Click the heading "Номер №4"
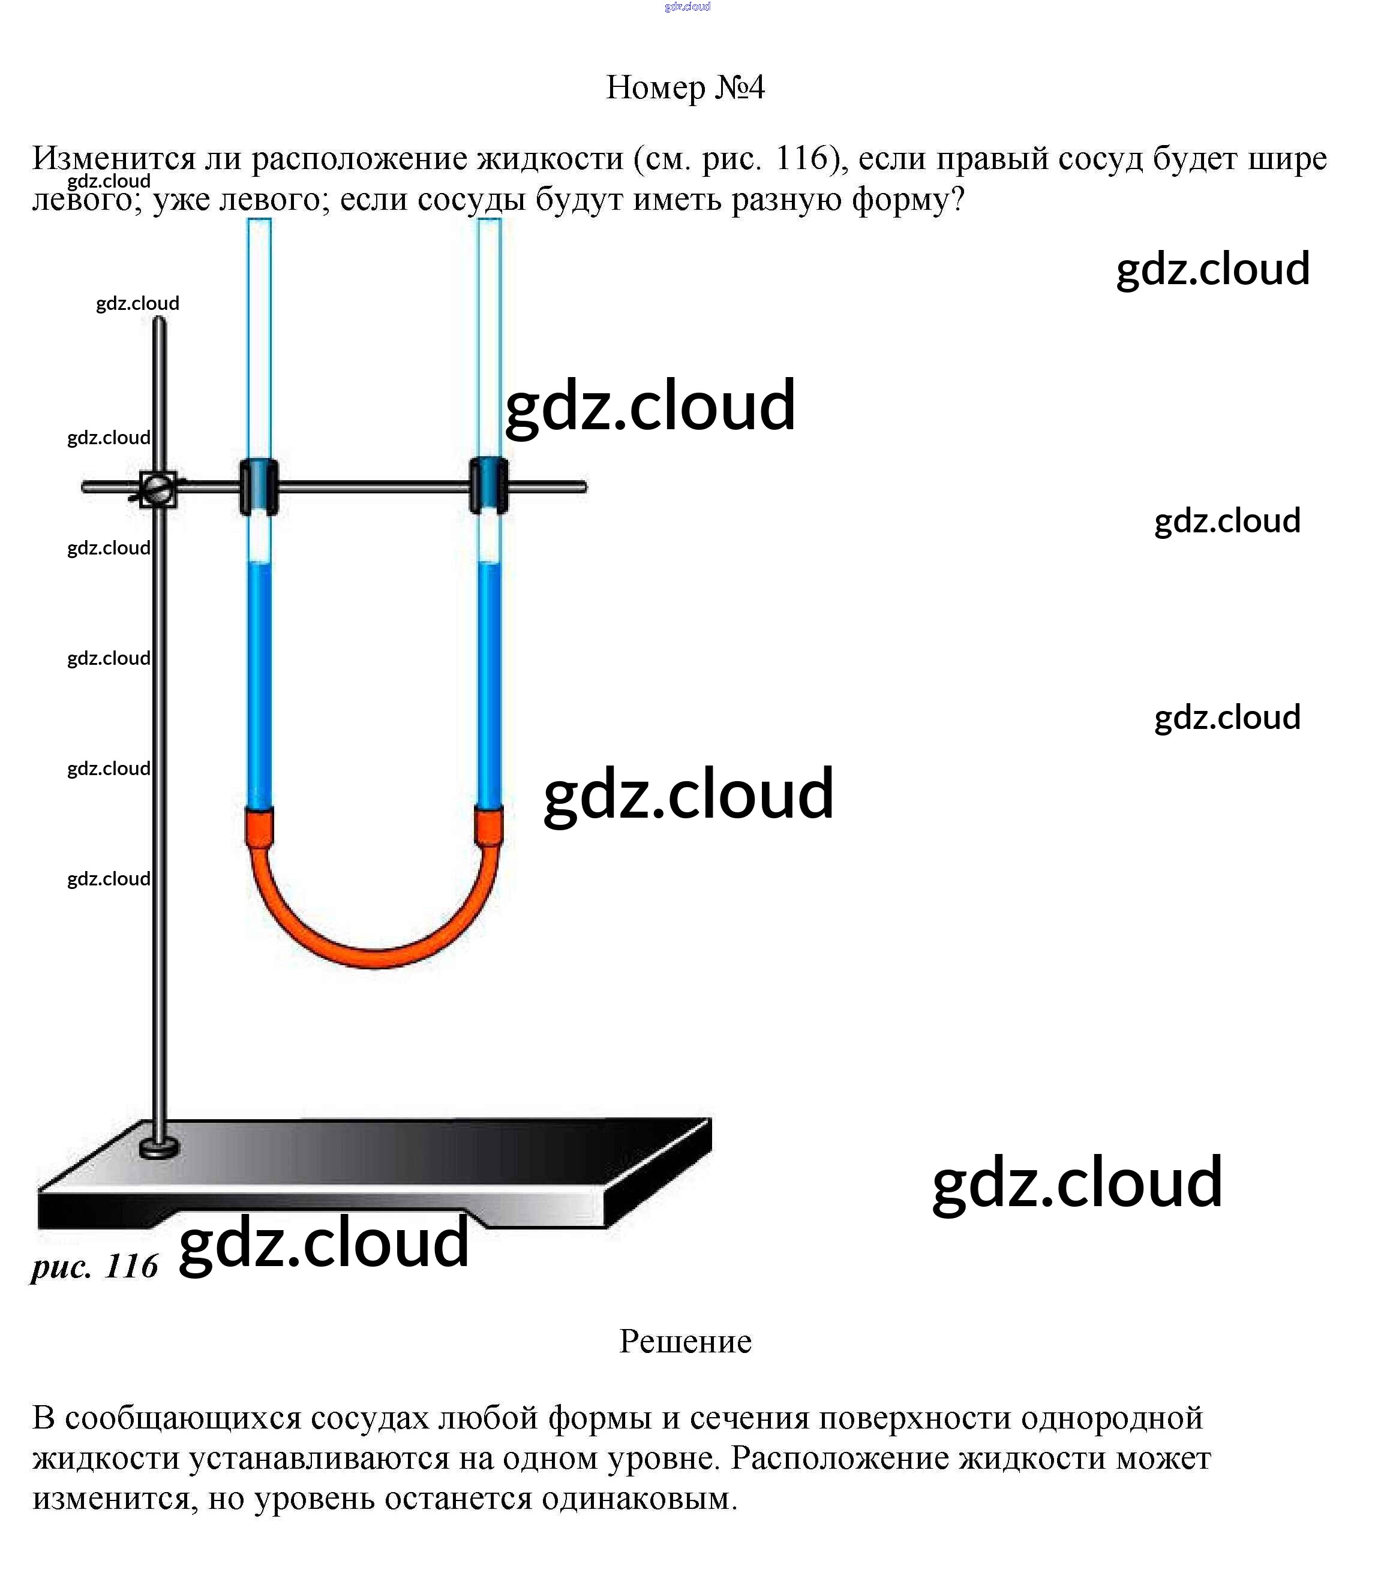(685, 88)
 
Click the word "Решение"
(685, 1341)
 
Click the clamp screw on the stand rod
(158, 489)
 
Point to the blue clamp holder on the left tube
(259, 486)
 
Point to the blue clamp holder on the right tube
(489, 486)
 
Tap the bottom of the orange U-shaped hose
(374, 959)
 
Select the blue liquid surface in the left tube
(259, 564)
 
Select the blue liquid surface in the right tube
(489, 564)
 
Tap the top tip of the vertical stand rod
(160, 321)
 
